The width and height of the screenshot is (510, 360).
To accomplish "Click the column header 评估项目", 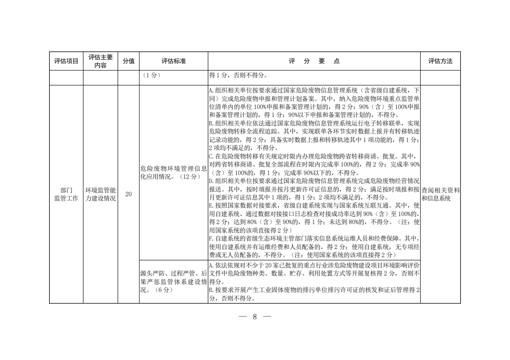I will pyautogui.click(x=66, y=61).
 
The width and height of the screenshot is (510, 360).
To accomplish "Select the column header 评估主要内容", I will pyautogui.click(x=100, y=61).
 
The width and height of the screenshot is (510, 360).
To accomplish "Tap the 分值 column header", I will pyautogui.click(x=128, y=61).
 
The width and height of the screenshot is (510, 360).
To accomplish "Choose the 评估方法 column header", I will pyautogui.click(x=440, y=61).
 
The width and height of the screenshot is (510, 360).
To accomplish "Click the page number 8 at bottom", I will pyautogui.click(x=255, y=317).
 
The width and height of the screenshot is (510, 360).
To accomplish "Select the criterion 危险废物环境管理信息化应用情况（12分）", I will pyautogui.click(x=173, y=172).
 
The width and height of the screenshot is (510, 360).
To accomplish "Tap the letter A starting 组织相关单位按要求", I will pyautogui.click(x=211, y=90).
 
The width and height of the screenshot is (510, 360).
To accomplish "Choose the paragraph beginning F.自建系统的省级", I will pyautogui.click(x=314, y=247).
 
